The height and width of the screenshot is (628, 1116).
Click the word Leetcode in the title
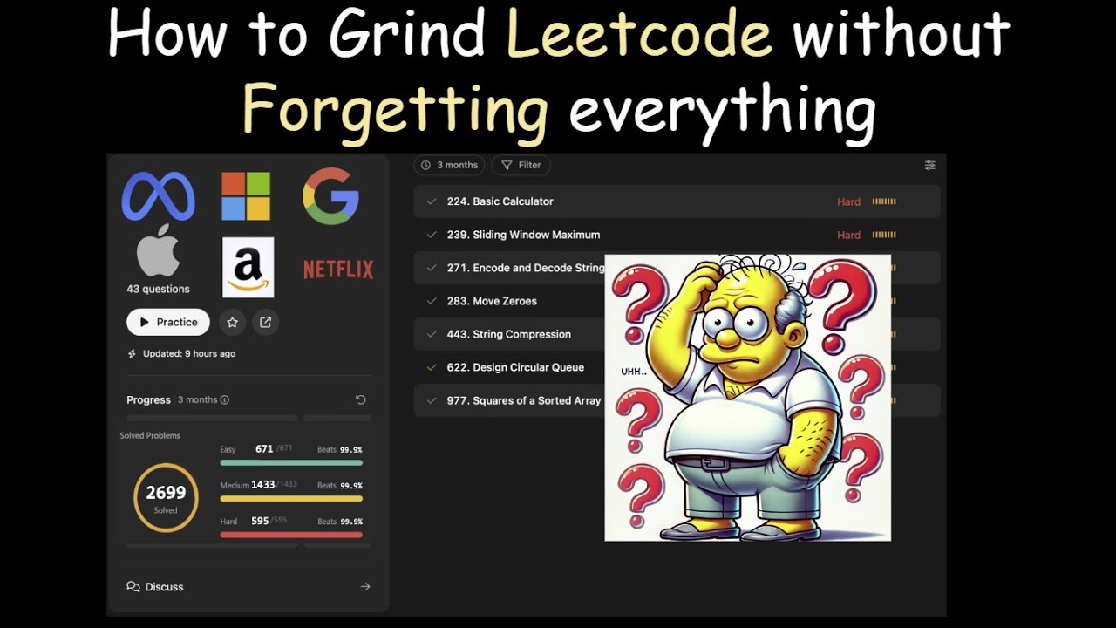[x=639, y=36]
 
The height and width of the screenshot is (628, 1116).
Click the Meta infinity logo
[x=158, y=196]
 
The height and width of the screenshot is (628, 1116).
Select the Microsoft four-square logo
[x=246, y=196]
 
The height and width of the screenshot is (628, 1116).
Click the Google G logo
[x=330, y=196]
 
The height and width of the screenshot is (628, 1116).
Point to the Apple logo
[x=158, y=252]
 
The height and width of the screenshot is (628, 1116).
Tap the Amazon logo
[x=248, y=268]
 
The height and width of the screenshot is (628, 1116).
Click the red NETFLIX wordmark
[x=338, y=270]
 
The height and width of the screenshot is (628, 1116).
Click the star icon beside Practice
[x=232, y=322]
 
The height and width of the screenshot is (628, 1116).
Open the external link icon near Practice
[x=265, y=322]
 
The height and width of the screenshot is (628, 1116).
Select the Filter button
[x=521, y=165]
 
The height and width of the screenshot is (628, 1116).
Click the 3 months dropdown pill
[x=449, y=165]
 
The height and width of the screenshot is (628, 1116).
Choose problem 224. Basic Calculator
[x=500, y=201]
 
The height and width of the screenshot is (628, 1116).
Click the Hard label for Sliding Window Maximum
[x=848, y=235]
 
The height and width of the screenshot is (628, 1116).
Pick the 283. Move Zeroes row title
[x=492, y=301]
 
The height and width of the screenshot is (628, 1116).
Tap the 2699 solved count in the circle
[x=166, y=493]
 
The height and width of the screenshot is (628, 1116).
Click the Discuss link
[x=164, y=587]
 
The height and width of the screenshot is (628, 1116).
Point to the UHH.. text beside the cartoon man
[x=634, y=372]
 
